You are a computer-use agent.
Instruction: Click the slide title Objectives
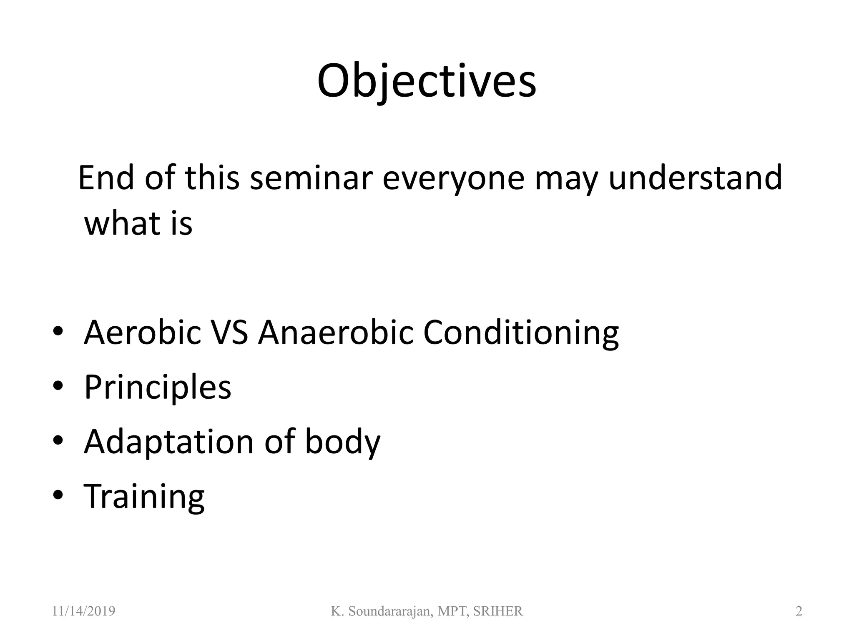[426, 81]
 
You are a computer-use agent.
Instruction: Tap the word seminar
[311, 178]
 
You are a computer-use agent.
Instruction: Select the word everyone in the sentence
[453, 178]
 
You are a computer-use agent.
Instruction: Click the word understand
[695, 178]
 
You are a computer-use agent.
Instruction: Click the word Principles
[158, 387]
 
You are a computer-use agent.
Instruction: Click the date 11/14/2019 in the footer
[83, 611]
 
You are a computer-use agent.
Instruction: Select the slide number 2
[799, 611]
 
